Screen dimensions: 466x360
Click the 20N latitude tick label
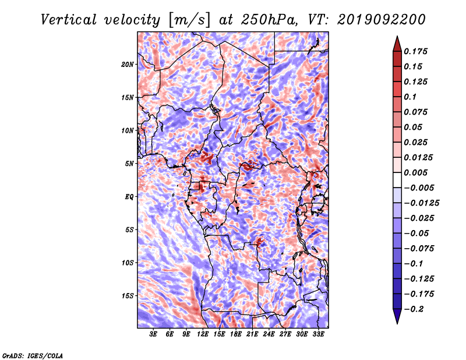(x=128, y=65)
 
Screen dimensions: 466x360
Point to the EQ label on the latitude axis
(x=129, y=197)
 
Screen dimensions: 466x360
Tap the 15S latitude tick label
(x=128, y=296)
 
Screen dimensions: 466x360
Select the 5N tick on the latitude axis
(x=129, y=164)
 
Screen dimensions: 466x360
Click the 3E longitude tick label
(x=153, y=334)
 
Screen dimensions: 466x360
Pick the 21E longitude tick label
(x=252, y=334)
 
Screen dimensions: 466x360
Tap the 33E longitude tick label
(x=318, y=334)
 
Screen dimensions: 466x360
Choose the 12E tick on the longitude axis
(x=203, y=334)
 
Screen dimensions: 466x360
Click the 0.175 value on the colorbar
(x=415, y=51)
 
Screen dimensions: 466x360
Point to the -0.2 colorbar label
(x=414, y=309)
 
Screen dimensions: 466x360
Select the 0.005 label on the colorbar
(x=415, y=172)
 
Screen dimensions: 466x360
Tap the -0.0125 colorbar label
(x=421, y=203)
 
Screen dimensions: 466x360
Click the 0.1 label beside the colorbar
(x=410, y=97)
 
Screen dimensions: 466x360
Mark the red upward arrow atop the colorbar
(x=397, y=44)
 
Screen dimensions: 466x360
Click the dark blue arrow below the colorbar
(x=397, y=316)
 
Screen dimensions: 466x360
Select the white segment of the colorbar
(x=397, y=180)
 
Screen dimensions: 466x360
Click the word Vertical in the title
(x=69, y=20)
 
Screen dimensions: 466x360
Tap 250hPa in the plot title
(x=269, y=20)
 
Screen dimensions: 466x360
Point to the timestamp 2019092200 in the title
(x=382, y=20)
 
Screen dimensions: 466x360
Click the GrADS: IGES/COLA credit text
(x=33, y=355)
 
